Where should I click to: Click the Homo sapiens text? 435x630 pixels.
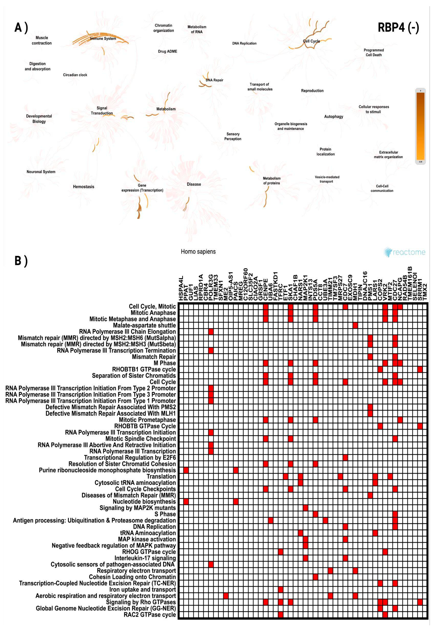pos(198,252)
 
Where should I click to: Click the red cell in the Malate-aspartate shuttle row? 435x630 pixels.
pos(355,325)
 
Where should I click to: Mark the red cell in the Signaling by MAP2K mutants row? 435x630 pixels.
pos(305,508)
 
